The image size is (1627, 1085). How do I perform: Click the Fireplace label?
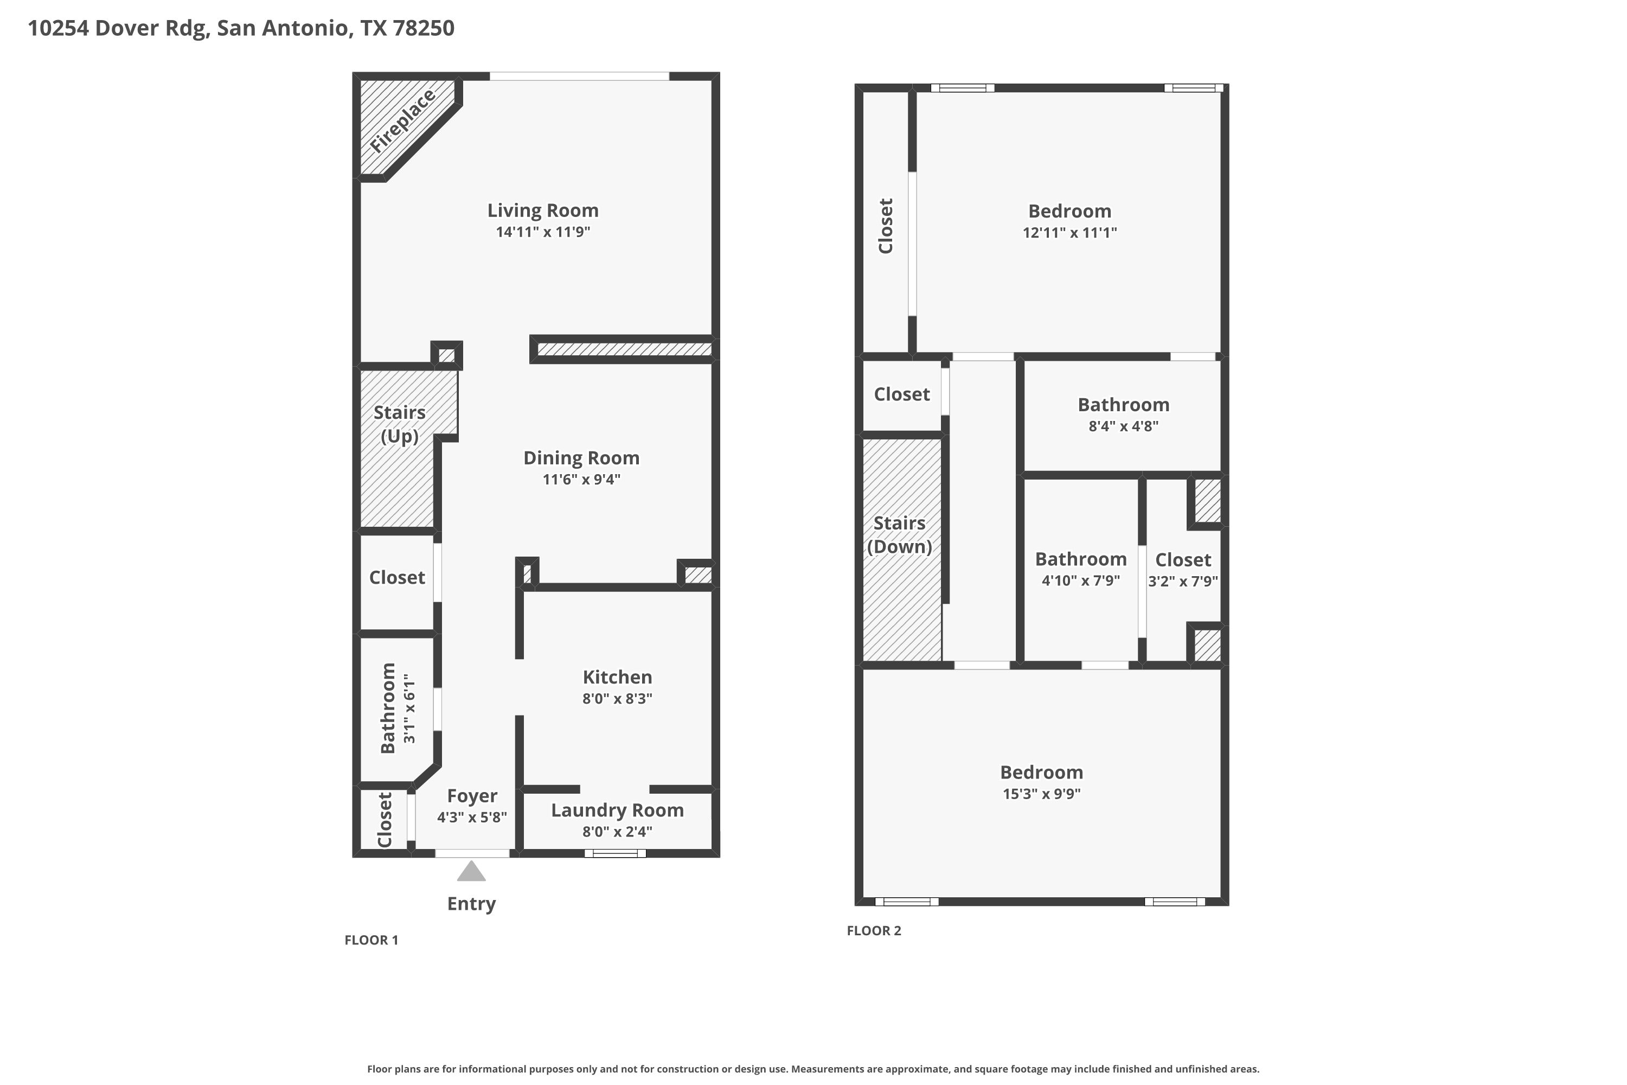[x=402, y=121]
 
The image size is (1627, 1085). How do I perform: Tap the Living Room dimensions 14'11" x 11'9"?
[x=543, y=232]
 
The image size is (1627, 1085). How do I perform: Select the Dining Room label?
[x=581, y=458]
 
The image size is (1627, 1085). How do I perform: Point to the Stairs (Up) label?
[x=399, y=424]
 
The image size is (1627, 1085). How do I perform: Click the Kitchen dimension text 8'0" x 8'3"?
[x=617, y=699]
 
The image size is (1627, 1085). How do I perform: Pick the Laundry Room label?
[x=617, y=810]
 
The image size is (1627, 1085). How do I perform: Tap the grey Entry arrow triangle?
[x=471, y=871]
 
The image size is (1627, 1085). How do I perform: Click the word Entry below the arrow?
[x=471, y=904]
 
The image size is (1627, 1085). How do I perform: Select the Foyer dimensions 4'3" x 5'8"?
[x=472, y=817]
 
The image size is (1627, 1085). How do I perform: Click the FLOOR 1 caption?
[x=371, y=940]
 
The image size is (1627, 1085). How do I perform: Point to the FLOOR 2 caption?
[x=874, y=931]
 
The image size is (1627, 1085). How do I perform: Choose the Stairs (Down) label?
[x=899, y=535]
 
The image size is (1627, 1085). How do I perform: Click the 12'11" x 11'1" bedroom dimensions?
[x=1069, y=233]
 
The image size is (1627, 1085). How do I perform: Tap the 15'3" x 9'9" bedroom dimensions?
[x=1041, y=794]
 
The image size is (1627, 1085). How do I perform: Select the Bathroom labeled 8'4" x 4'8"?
[x=1123, y=405]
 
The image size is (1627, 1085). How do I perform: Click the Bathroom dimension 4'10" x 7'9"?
[x=1080, y=580]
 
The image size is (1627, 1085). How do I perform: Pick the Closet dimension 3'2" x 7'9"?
[x=1183, y=581]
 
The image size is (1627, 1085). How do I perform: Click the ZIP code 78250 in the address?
[x=424, y=28]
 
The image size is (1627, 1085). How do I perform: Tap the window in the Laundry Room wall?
[x=615, y=853]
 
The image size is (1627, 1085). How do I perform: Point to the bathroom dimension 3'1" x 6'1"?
[x=409, y=709]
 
